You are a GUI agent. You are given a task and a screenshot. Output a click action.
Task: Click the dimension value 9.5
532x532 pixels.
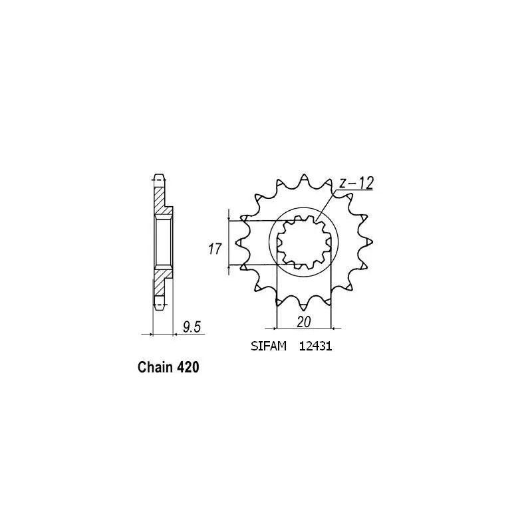pyautogui.click(x=192, y=327)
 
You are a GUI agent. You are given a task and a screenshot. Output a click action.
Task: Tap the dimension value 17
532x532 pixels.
pyautogui.click(x=215, y=249)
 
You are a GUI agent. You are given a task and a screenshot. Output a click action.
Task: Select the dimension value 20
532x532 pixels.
pyautogui.click(x=304, y=322)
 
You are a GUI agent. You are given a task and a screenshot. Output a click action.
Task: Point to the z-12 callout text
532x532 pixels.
pyautogui.click(x=356, y=184)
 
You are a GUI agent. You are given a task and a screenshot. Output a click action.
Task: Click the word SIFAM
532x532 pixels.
pyautogui.click(x=269, y=346)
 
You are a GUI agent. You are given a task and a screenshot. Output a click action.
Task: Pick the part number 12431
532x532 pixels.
pyautogui.click(x=315, y=346)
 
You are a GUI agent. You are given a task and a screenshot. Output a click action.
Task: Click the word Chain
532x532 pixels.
pyautogui.click(x=156, y=367)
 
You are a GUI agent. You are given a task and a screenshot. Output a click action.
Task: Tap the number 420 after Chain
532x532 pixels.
pyautogui.click(x=188, y=367)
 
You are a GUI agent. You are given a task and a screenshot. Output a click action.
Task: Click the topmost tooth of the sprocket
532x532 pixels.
pyautogui.click(x=304, y=179)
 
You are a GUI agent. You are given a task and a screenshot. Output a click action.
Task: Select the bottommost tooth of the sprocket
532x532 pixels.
pyautogui.click(x=303, y=306)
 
